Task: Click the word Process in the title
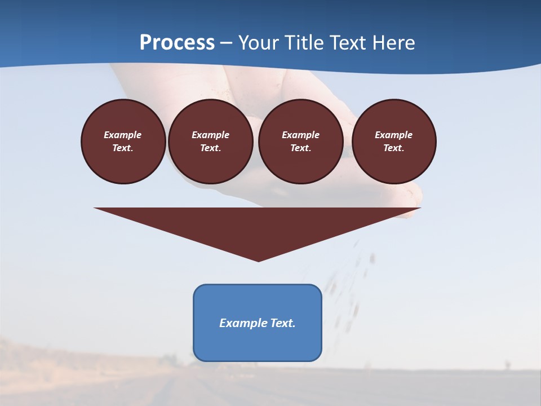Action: click(x=177, y=43)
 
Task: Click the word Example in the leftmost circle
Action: click(x=123, y=135)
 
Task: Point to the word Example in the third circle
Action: click(x=300, y=135)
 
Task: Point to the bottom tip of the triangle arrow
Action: click(x=258, y=260)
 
